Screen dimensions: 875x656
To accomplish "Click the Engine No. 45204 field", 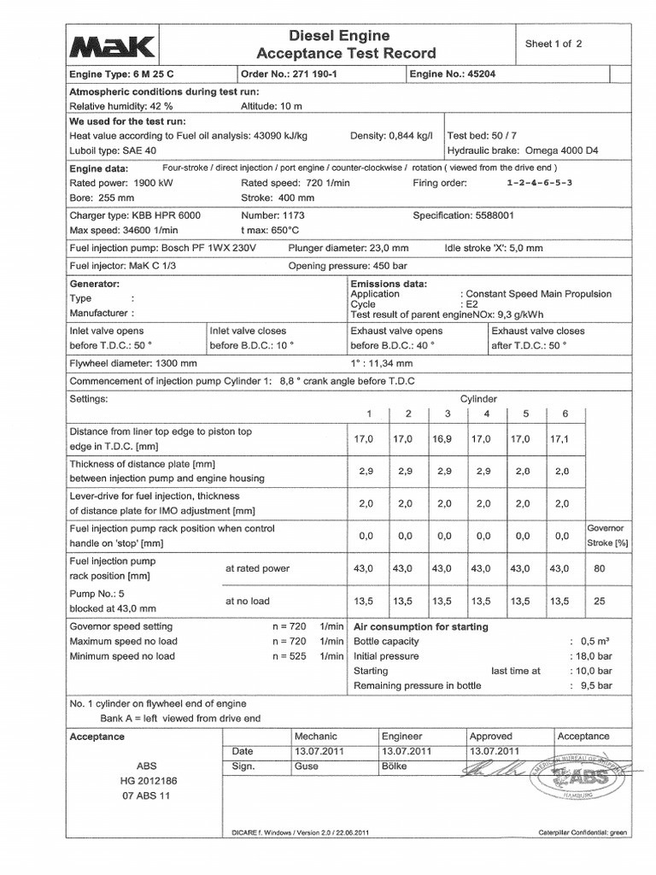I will pyautogui.click(x=452, y=74).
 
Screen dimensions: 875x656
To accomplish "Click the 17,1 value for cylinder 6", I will pyautogui.click(x=559, y=438).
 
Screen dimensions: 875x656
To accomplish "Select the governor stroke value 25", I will pyautogui.click(x=599, y=601).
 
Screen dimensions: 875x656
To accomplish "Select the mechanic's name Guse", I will pyautogui.click(x=306, y=766).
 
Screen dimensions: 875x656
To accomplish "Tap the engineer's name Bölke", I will pyautogui.click(x=395, y=766).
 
